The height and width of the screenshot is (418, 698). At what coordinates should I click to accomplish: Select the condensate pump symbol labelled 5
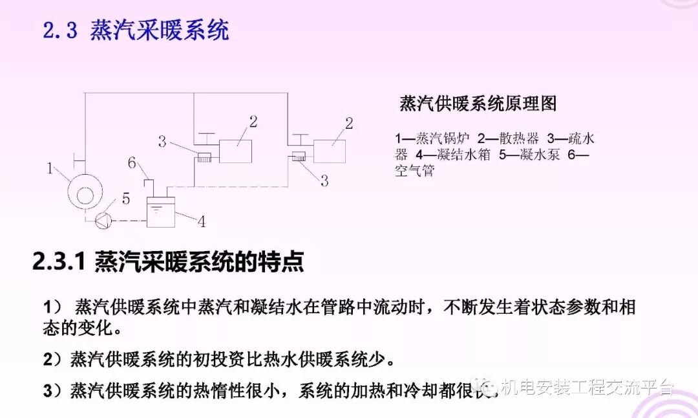click(102, 221)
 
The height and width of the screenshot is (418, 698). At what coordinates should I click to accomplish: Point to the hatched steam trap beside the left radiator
click(205, 156)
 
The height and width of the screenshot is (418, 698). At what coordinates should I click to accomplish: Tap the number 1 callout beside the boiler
click(50, 169)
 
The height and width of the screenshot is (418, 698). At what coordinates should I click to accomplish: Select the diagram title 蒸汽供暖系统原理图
click(478, 104)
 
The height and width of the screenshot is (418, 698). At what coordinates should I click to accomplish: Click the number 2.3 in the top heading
click(60, 30)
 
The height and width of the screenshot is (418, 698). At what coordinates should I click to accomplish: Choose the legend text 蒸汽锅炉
click(441, 138)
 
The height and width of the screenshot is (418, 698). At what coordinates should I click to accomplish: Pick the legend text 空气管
click(415, 171)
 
